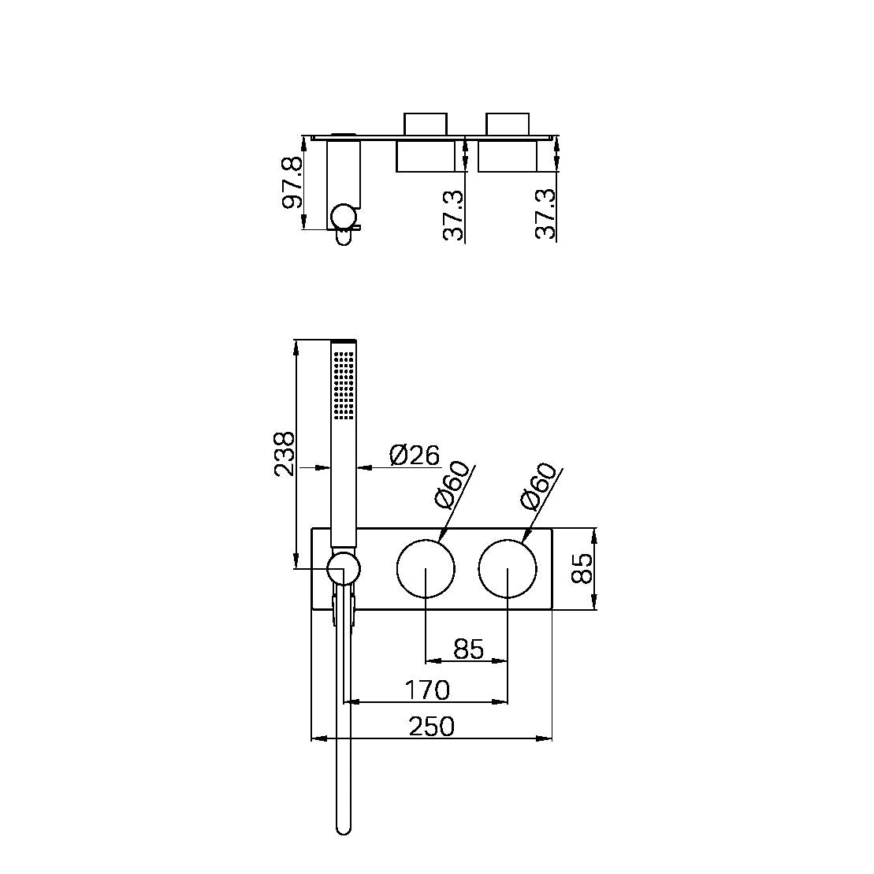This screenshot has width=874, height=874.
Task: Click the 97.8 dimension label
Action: (292, 182)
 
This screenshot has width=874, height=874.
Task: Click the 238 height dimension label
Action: (285, 453)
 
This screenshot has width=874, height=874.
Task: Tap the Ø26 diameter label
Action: (415, 456)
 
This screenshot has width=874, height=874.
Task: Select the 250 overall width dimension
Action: (431, 727)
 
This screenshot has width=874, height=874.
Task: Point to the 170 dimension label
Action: (427, 690)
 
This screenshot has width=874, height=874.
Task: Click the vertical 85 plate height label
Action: (583, 568)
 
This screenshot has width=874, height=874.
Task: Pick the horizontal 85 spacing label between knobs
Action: (469, 649)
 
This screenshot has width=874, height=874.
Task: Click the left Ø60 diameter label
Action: (452, 485)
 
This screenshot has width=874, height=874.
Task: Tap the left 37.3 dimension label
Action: (454, 215)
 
